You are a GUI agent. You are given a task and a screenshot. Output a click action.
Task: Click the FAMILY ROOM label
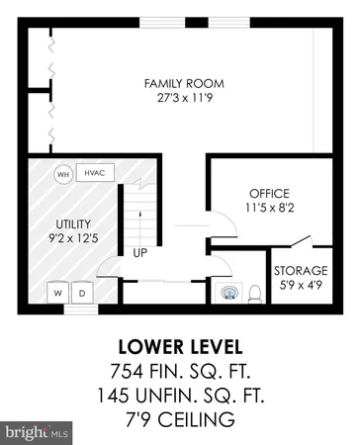[180, 83]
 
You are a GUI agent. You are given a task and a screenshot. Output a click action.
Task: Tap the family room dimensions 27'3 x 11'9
[180, 98]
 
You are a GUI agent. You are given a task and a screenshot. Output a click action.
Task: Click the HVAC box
[95, 173]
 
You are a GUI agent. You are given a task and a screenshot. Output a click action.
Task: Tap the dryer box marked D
[82, 294]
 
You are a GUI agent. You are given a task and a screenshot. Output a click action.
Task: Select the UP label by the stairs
[140, 253]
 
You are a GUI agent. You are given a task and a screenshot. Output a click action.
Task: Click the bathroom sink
[229, 293]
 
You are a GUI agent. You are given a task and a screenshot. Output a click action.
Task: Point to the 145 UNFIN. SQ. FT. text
[180, 396]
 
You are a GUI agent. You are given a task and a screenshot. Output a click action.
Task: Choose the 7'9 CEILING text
[180, 419]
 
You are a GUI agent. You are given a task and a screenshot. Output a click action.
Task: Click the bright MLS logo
[38, 432]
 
